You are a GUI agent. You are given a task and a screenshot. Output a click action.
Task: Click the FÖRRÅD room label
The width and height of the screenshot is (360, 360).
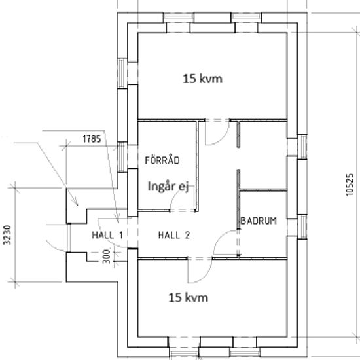162,160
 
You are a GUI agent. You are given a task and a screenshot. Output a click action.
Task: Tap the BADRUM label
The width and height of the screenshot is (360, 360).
259,221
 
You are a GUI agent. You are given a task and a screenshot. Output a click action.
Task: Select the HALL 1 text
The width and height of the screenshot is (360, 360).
107,235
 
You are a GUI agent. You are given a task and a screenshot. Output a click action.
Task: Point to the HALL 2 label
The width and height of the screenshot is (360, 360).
174,235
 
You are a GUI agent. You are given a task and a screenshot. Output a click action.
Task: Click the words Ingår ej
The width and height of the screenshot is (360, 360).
168,186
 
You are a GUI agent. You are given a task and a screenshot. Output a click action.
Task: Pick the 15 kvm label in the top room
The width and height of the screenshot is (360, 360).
202,79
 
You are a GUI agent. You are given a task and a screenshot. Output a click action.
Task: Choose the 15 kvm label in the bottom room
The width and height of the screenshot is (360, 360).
189,298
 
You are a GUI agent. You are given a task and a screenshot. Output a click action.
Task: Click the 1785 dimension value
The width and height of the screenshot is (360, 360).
92,139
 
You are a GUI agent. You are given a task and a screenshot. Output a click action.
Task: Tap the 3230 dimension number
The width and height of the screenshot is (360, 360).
8,235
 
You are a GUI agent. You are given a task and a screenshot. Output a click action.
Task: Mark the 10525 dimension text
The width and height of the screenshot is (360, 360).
350,185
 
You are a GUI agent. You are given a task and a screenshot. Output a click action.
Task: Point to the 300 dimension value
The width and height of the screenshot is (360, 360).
106,257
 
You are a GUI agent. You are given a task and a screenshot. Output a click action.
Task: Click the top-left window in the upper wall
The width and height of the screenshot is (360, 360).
179,18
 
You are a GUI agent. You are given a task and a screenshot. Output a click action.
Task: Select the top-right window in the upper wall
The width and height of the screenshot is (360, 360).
246,18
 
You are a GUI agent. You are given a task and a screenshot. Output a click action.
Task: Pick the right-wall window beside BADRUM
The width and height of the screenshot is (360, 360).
302,227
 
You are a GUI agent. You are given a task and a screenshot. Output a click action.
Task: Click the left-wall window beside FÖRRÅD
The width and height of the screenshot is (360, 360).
122,157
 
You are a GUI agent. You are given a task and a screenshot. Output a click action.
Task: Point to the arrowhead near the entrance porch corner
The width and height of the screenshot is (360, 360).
76,202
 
